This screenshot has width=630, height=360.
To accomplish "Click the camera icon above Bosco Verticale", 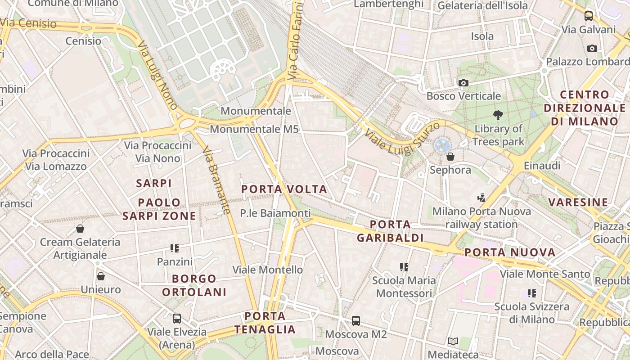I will click(463, 83).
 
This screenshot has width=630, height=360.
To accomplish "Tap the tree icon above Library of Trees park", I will click(498, 115).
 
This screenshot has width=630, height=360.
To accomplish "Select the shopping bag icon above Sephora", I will click(450, 157).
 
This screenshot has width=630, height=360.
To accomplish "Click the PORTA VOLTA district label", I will click(284, 189).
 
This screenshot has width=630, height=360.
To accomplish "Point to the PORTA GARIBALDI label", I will click(390, 231).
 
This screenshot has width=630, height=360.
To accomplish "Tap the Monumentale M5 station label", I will click(254, 129).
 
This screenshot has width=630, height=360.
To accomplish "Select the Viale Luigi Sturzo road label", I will click(401, 138).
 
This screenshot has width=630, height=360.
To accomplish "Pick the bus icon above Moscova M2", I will click(356, 321).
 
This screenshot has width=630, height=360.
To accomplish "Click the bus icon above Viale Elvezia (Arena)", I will click(177, 319).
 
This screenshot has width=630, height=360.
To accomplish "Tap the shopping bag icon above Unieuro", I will click(101, 276).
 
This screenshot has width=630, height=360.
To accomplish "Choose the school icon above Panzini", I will click(175, 248).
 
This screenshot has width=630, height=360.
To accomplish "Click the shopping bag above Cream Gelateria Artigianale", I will click(80, 229).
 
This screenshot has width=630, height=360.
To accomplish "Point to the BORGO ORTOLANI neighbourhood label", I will click(194, 285).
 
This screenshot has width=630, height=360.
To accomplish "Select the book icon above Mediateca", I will click(453, 342).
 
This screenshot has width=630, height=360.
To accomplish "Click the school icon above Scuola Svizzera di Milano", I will click(532, 293).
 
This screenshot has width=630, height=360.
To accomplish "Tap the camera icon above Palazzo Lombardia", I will click(592, 48).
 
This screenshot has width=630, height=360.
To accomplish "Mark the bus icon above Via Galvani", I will click(588, 17).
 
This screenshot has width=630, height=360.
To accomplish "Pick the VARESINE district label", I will click(578, 202).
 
